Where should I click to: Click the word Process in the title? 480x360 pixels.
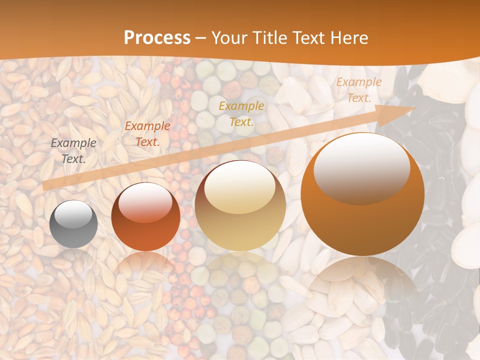(x=157, y=38)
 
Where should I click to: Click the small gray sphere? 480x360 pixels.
(x=73, y=224)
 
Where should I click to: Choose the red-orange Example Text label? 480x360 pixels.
(x=147, y=134)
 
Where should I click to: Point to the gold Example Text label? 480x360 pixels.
(x=241, y=114)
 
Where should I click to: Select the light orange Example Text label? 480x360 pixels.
(x=358, y=90)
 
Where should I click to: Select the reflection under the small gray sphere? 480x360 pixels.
(x=73, y=257)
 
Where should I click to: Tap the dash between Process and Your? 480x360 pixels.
(x=201, y=38)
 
